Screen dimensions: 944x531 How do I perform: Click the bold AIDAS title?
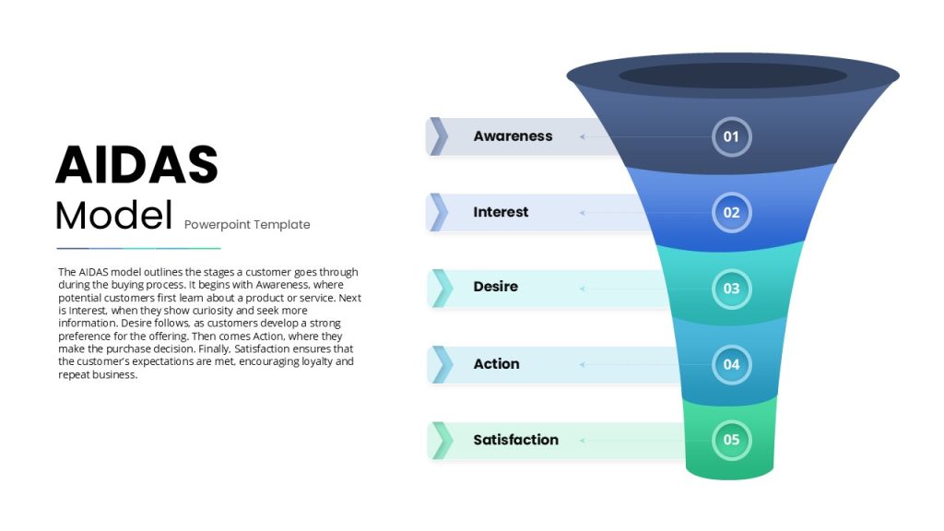[136, 164]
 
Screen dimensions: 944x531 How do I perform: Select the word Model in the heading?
[113, 216]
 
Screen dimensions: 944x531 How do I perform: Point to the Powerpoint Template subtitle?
[247, 225]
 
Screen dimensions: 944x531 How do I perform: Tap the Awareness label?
[513, 136]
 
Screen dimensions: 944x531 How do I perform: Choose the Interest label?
[501, 212]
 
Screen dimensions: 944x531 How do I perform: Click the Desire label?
[495, 287]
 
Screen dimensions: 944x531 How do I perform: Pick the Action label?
[496, 363]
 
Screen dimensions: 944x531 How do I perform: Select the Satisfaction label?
[515, 440]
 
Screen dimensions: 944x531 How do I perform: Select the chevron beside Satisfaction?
[442, 440]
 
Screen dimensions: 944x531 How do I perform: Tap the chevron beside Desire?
[442, 289]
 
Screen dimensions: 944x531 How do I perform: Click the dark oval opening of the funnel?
[733, 76]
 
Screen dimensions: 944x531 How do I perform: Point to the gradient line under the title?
[138, 248]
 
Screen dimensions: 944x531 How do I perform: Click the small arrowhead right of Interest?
[583, 213]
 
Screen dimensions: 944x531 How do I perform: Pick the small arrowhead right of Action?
[583, 364]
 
